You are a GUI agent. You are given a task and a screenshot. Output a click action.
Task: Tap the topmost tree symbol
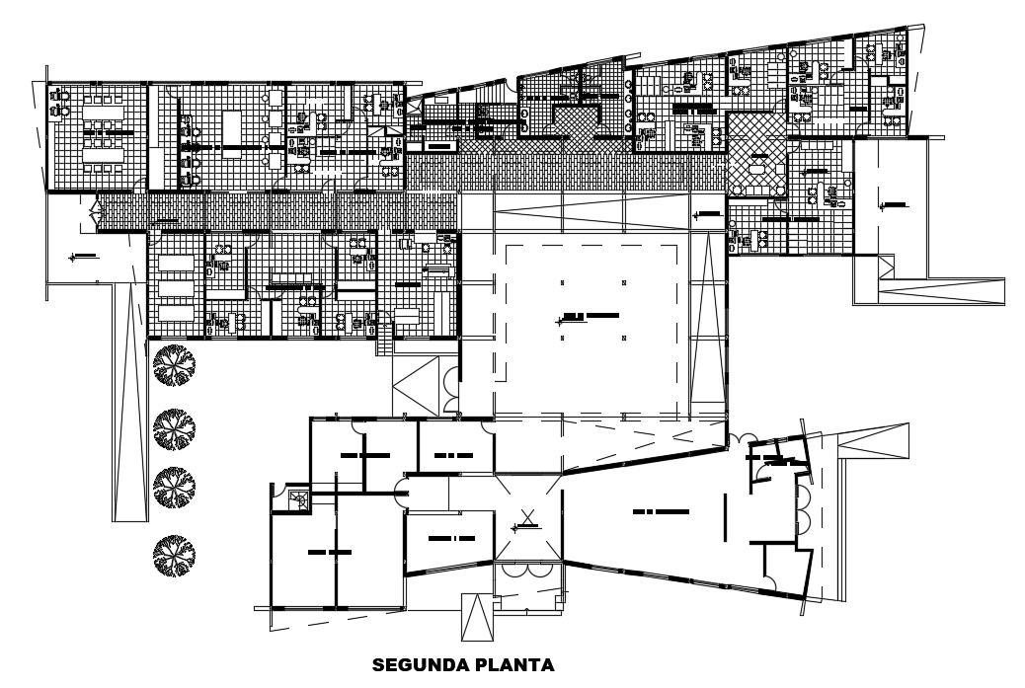click(x=174, y=367)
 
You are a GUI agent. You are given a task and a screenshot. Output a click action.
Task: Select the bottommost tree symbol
click(x=174, y=556)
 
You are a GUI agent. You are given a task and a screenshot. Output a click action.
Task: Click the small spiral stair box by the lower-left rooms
click(x=298, y=499)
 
